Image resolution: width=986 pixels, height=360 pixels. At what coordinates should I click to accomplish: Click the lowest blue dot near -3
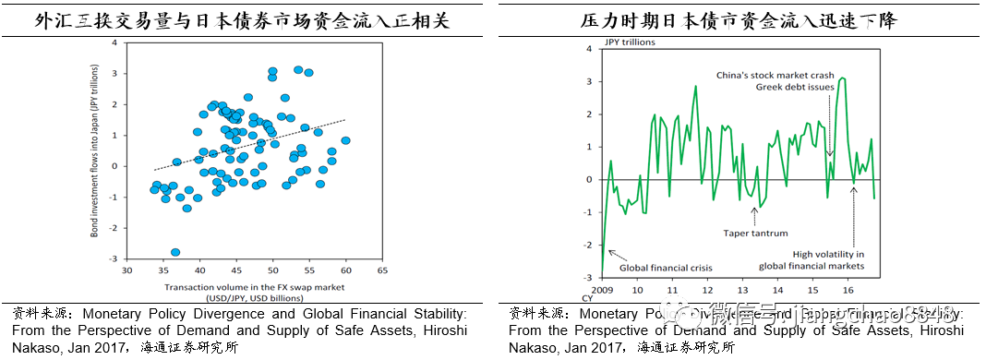pyautogui.click(x=175, y=252)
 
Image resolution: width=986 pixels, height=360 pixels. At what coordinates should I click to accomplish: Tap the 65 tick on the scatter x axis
pyautogui.click(x=381, y=270)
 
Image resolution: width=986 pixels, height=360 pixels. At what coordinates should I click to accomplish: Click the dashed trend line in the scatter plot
pyautogui.click(x=249, y=144)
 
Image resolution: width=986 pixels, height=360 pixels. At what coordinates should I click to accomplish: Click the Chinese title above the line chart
pyautogui.click(x=739, y=19)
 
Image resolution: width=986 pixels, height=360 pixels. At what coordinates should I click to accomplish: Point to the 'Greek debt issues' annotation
pyautogui.click(x=795, y=87)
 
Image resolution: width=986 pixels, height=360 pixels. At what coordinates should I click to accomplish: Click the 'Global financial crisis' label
pyautogui.click(x=665, y=268)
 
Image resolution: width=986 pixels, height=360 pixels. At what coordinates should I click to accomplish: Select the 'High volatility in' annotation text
pyautogui.click(x=828, y=254)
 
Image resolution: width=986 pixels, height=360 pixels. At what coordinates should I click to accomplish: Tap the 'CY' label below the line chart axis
pyautogui.click(x=586, y=297)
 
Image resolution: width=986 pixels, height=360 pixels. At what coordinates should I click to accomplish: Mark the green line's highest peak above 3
pyautogui.click(x=841, y=78)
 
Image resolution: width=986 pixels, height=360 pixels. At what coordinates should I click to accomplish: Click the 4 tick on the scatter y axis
pyautogui.click(x=114, y=43)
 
